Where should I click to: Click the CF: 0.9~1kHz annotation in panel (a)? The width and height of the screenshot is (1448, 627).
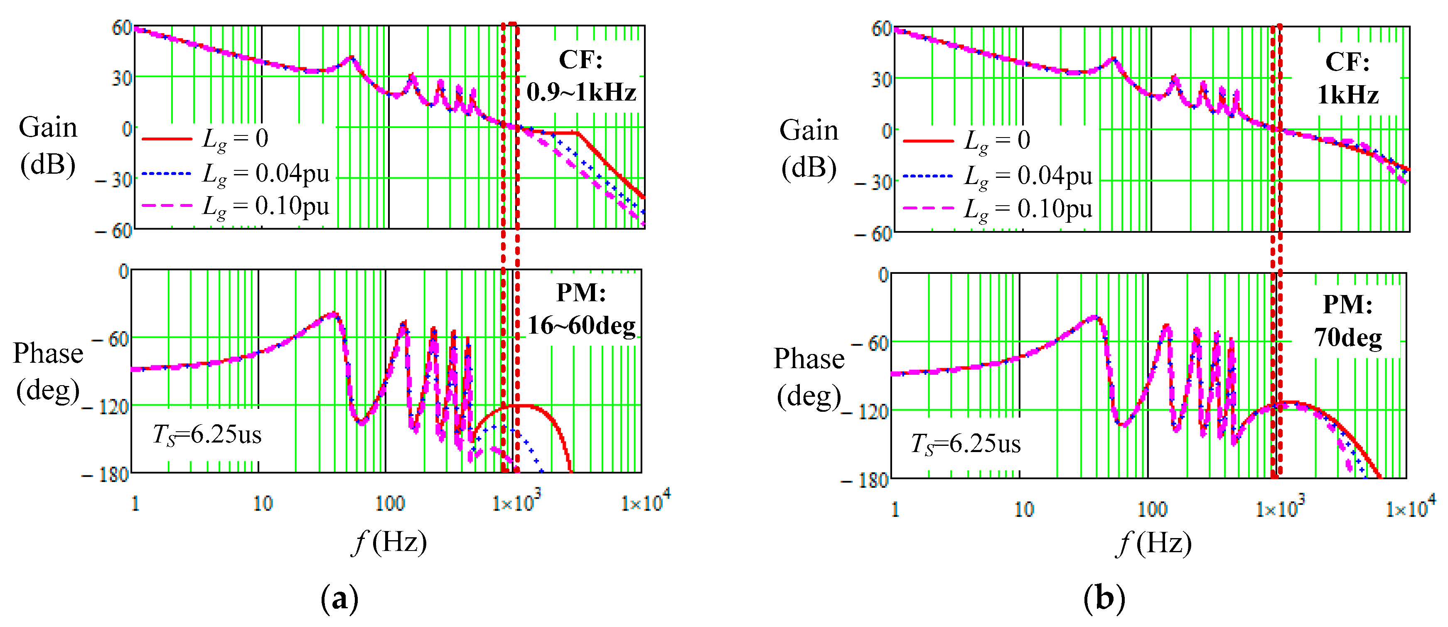click(x=581, y=76)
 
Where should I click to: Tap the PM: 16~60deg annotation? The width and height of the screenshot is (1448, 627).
click(x=581, y=309)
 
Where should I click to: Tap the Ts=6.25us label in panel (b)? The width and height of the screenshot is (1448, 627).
click(x=966, y=444)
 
